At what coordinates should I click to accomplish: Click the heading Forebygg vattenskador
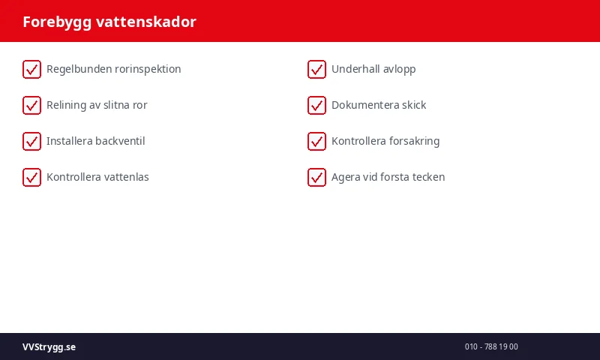click(109, 22)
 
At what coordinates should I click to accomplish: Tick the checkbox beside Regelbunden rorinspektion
click(31, 69)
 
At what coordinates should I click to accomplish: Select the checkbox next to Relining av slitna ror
click(31, 105)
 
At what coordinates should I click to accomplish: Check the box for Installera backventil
click(31, 141)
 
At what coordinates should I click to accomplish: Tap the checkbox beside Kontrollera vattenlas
click(31, 177)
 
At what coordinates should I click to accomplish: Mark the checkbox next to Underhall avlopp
click(316, 69)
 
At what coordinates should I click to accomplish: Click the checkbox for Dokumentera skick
click(316, 105)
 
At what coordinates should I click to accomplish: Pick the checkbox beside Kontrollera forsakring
click(316, 141)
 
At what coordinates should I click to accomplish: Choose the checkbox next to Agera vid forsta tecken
click(316, 177)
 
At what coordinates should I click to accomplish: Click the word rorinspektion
click(148, 69)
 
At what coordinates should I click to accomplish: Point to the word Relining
click(66, 105)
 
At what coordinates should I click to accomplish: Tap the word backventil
click(120, 141)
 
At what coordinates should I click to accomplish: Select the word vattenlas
click(126, 177)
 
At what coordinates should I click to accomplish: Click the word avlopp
click(399, 69)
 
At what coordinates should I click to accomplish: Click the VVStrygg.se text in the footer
click(49, 347)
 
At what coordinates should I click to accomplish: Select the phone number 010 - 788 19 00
click(491, 347)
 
